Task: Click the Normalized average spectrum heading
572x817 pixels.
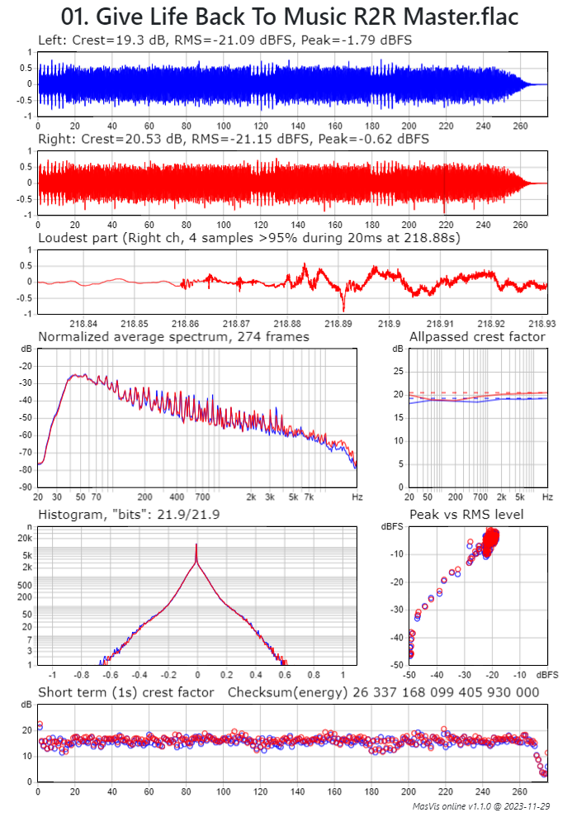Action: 173,337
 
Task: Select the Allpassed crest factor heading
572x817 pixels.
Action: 477,337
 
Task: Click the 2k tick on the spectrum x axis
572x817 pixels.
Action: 251,497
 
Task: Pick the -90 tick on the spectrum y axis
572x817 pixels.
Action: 26,487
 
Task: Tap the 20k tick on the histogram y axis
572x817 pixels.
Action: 25,537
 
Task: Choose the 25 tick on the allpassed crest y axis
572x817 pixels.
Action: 399,372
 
